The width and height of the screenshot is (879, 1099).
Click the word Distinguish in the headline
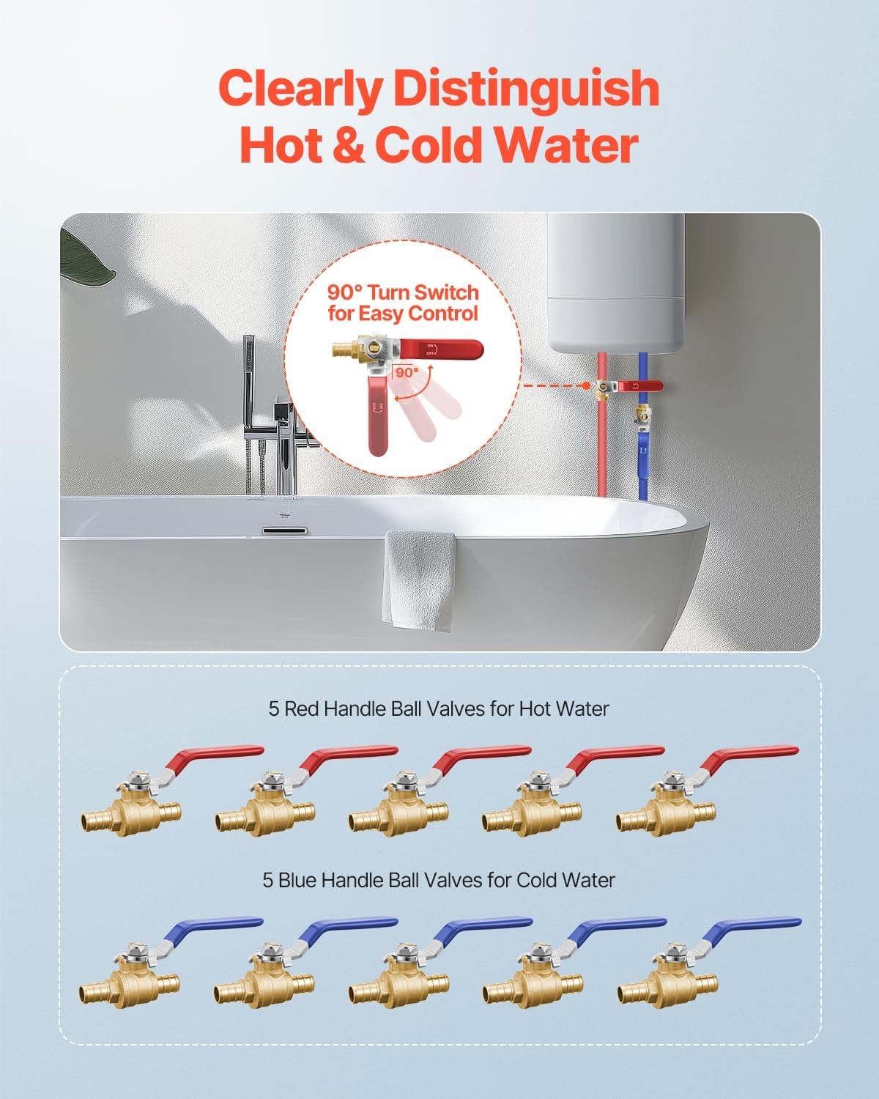pos(527,89)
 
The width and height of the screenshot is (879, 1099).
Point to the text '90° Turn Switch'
pos(403,292)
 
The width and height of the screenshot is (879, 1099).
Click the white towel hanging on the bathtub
pos(419,581)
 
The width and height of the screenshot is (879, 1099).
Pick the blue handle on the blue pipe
pos(644,454)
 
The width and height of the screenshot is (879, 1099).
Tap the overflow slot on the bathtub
pos(285,531)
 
